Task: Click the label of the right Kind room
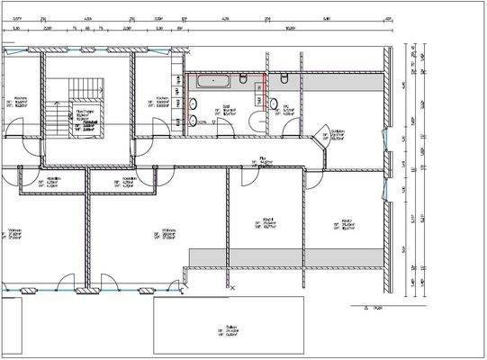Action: pos(342,224)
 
